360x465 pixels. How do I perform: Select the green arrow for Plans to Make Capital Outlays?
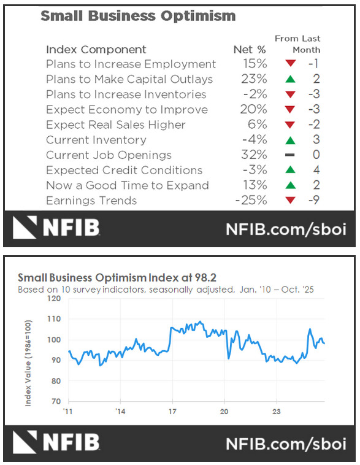coord(290,79)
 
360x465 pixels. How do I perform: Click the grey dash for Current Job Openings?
coord(290,155)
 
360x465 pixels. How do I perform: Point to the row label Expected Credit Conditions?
coord(124,171)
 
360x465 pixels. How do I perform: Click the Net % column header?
coord(251,50)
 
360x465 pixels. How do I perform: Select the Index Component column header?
coord(96,50)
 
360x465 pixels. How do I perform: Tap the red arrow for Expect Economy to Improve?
coord(290,110)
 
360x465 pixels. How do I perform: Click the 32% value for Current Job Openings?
coord(255,155)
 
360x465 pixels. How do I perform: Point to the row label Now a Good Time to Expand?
coord(127,185)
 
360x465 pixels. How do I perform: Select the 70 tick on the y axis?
coord(56,401)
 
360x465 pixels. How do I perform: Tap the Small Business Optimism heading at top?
coord(138,16)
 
